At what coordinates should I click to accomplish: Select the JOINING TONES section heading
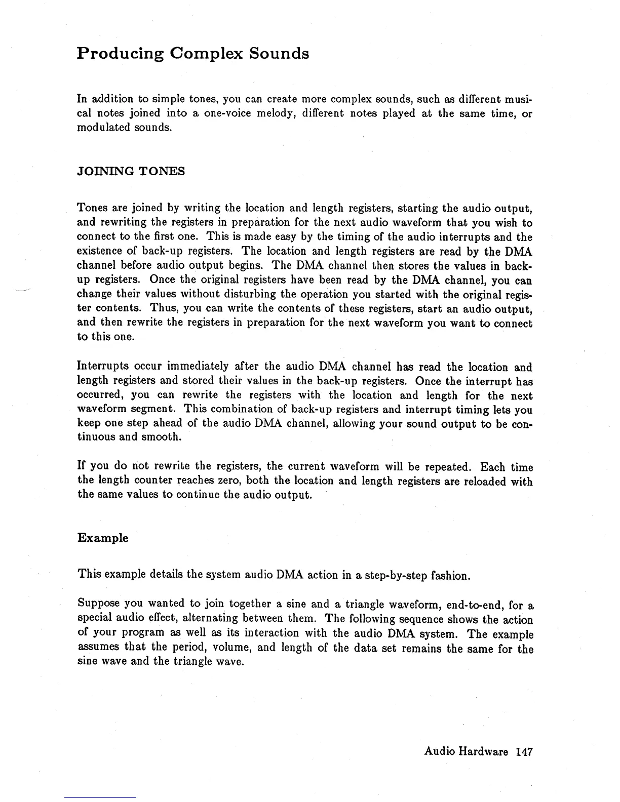(x=131, y=171)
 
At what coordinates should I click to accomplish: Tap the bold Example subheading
(x=103, y=538)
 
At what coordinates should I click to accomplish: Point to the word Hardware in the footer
(x=483, y=752)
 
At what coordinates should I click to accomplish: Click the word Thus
(x=164, y=308)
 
